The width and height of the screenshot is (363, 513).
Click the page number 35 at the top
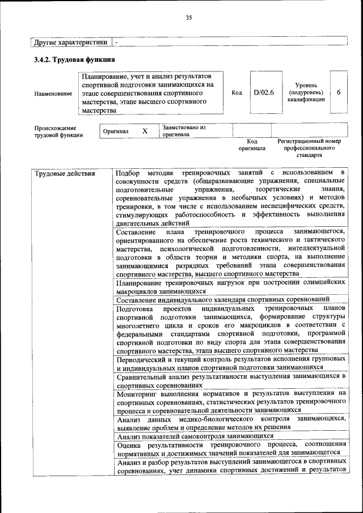click(189, 18)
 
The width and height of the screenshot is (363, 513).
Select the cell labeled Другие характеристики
click(70, 42)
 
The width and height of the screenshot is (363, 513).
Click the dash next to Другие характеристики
click(116, 42)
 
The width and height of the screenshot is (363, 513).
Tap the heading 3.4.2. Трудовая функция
click(74, 60)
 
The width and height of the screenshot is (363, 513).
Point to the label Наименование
click(53, 93)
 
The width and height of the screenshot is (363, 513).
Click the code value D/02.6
click(264, 92)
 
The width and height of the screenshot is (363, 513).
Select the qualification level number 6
click(339, 92)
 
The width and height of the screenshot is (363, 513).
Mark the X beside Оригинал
click(145, 131)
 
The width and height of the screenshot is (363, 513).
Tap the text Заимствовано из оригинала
click(183, 131)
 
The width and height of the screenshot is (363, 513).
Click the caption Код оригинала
click(252, 145)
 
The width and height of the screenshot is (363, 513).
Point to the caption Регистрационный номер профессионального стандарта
click(309, 147)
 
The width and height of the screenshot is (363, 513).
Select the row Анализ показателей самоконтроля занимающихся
click(195, 436)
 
